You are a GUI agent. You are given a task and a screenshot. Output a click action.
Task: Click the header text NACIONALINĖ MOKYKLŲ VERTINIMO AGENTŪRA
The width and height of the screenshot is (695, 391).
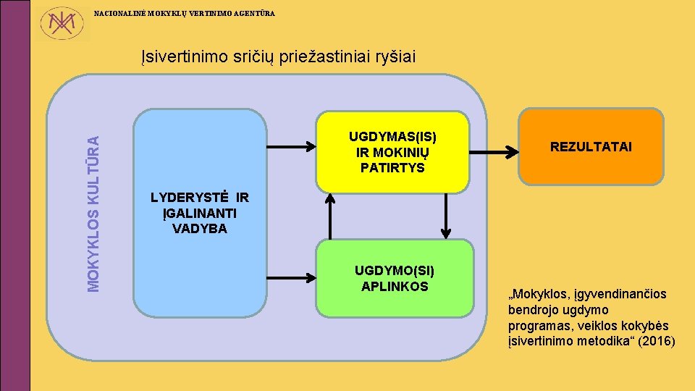[185, 14]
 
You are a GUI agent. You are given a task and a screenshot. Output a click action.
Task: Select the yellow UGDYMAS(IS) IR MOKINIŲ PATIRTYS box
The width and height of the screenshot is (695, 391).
[392, 152]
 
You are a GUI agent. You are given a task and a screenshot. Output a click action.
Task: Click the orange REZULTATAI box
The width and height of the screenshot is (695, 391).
[591, 147]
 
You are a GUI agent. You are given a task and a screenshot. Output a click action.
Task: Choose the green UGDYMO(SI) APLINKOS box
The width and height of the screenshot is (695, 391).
[395, 279]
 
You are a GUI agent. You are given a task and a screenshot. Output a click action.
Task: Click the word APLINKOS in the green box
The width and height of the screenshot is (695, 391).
[395, 286]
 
